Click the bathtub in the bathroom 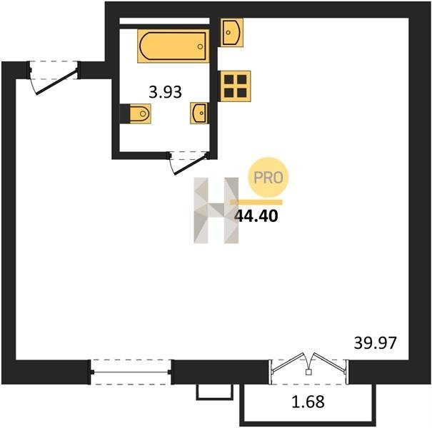tap(174, 46)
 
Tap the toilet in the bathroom tap(136, 113)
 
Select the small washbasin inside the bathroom tap(199, 113)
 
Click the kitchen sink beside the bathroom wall tap(231, 33)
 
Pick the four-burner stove tap(234, 86)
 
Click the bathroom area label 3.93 tap(166, 92)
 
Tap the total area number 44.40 tap(256, 216)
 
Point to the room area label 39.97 tap(376, 343)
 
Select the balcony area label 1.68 tap(308, 402)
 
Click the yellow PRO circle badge tap(268, 178)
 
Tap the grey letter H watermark tap(216, 210)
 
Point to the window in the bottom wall tap(131, 372)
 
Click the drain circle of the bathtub tap(201, 46)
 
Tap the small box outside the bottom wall tap(215, 392)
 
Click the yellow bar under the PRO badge tap(256, 203)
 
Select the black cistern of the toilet tap(124, 113)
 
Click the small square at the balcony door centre tap(308, 372)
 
